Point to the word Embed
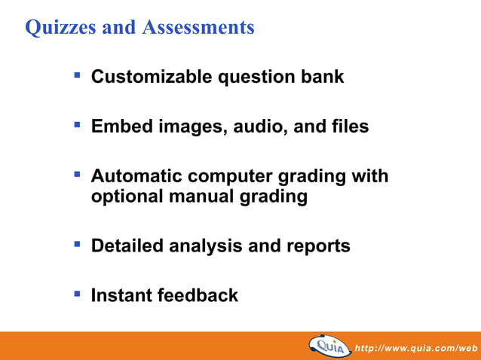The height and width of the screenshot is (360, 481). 121,127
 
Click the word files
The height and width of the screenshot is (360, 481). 348,127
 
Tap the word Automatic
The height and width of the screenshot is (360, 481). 136,177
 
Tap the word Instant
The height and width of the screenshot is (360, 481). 121,296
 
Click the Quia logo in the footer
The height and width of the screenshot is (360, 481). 329,346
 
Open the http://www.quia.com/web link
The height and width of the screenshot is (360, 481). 416,348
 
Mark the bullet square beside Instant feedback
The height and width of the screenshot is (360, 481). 77,293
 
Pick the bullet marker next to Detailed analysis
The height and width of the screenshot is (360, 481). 77,243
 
